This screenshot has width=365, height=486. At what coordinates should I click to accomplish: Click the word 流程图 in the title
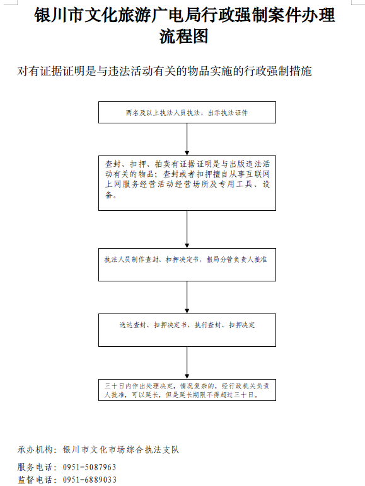(183, 37)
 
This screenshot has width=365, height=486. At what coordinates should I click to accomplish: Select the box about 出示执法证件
(187, 112)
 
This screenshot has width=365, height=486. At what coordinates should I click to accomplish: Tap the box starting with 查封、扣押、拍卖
(187, 183)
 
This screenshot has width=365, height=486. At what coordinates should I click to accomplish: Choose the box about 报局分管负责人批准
(187, 264)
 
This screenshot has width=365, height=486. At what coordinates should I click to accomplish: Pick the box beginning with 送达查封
(187, 330)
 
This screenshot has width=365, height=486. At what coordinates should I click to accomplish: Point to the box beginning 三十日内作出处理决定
(187, 390)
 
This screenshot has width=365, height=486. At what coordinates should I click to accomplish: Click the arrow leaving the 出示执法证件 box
(187, 140)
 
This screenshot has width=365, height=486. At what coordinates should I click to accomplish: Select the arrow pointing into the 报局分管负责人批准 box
(187, 229)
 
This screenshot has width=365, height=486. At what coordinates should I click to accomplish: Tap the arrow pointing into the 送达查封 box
(187, 298)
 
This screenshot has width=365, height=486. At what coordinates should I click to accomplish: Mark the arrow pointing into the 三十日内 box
(187, 363)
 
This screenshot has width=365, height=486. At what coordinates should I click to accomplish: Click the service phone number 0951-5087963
(90, 467)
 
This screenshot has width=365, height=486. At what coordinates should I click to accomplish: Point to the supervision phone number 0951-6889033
(90, 480)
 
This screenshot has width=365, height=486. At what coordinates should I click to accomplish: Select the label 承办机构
(35, 449)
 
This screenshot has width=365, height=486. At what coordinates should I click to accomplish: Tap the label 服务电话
(35, 467)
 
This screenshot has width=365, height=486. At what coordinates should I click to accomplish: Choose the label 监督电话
(35, 480)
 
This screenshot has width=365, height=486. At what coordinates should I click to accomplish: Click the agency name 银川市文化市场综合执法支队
(121, 449)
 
